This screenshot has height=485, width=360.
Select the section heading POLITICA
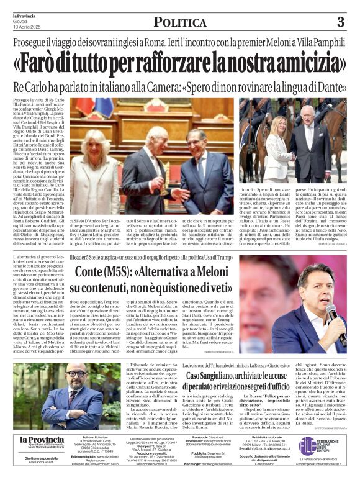[179, 22]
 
